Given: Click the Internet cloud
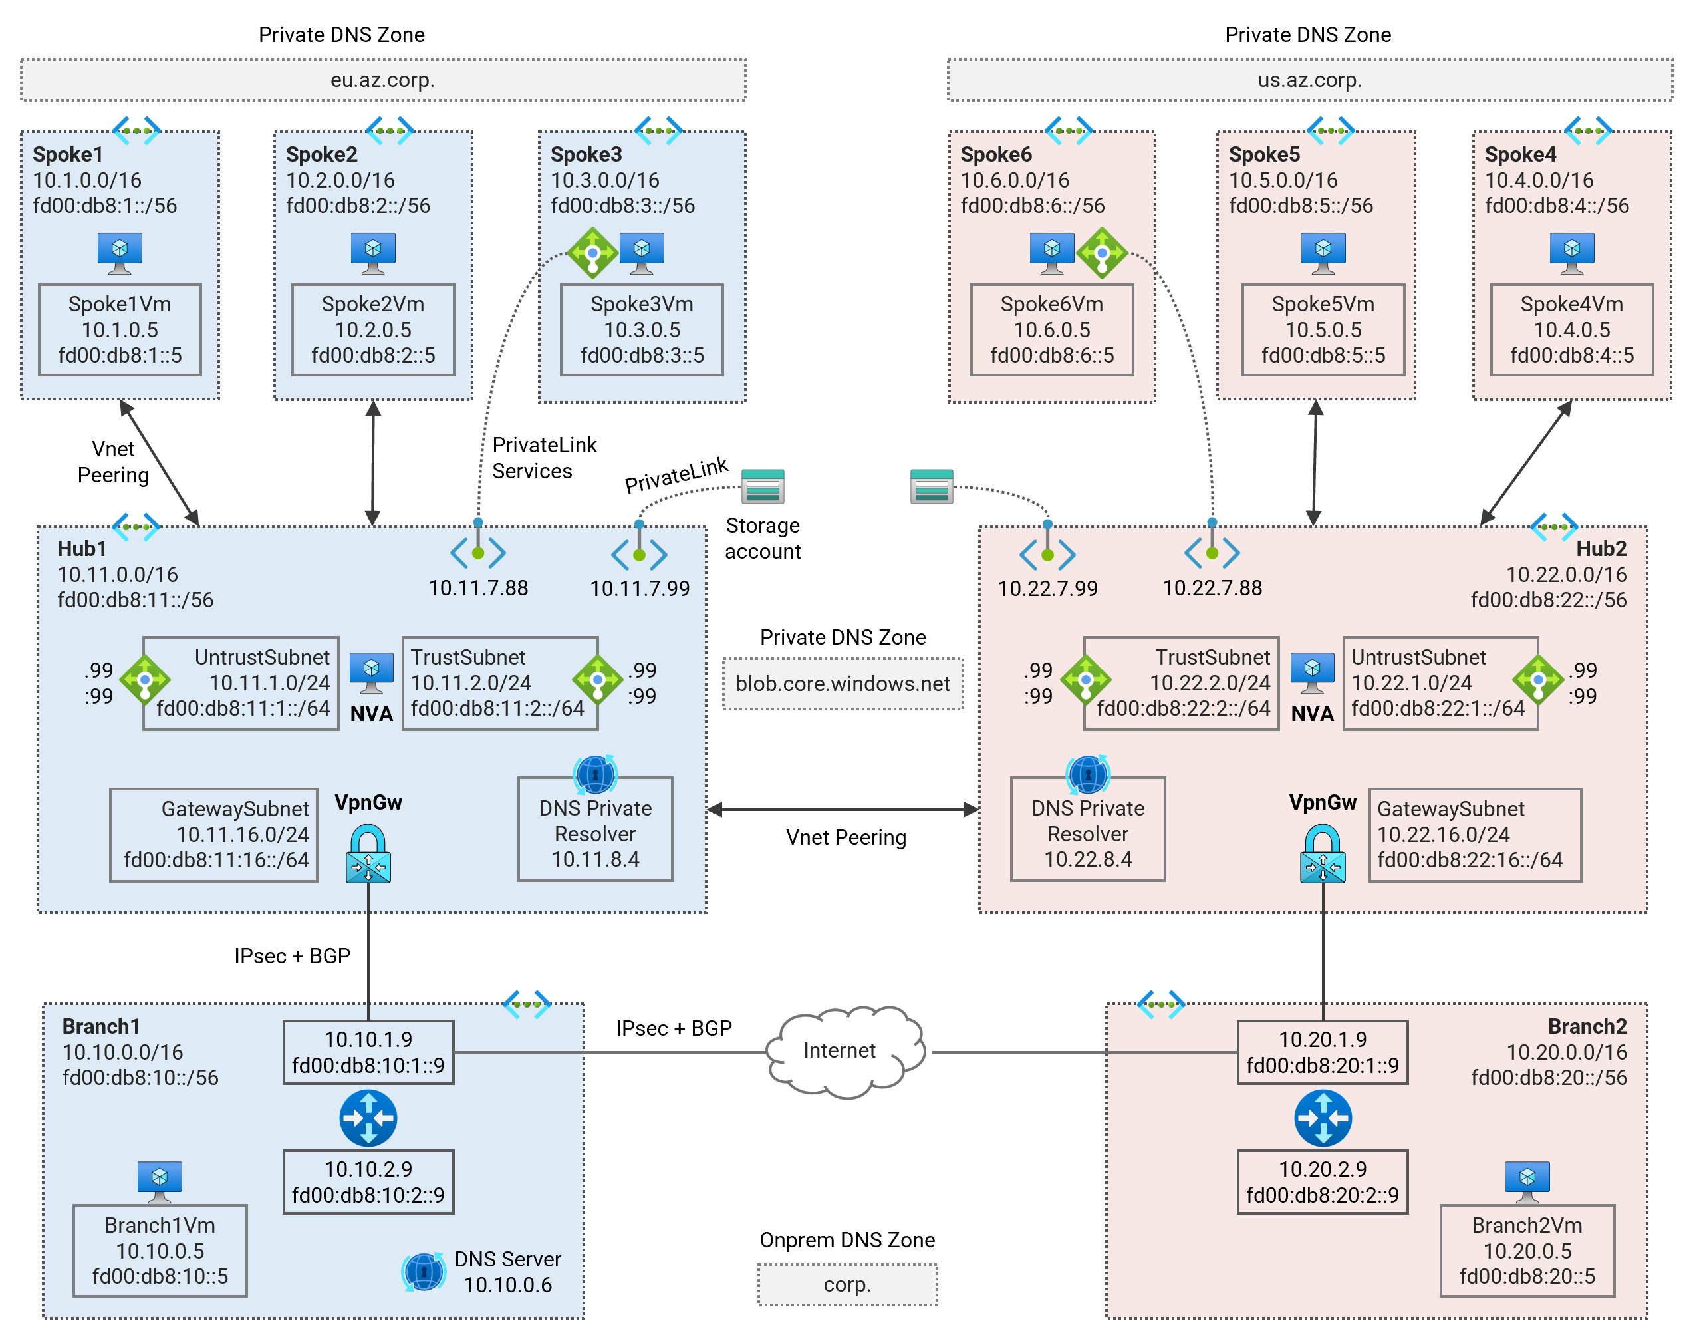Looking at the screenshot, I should [x=843, y=1050].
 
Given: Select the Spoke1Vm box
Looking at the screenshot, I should [x=120, y=329].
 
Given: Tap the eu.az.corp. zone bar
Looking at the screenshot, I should [x=382, y=80].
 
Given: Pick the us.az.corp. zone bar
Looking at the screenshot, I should [x=1309, y=80].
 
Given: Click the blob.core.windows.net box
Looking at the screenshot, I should [x=843, y=684].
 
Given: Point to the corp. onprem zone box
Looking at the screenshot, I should [x=847, y=1284].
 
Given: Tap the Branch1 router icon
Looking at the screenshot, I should [x=368, y=1117].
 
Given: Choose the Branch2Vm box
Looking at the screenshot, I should [x=1527, y=1251].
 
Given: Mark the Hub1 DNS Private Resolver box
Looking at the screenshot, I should [x=595, y=829].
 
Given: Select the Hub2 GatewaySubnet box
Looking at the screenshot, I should [x=1474, y=834].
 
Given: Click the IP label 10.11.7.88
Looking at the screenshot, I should [x=478, y=588].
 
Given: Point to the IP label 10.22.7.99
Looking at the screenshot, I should [x=1047, y=588].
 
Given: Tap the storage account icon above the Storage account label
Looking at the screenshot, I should [x=762, y=486].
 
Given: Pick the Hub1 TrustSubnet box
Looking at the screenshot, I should [x=499, y=683].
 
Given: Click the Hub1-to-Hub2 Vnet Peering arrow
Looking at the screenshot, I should [x=843, y=809].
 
